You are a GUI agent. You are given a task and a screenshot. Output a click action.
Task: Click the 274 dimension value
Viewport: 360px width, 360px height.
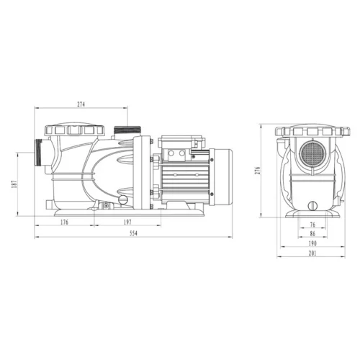(81, 105)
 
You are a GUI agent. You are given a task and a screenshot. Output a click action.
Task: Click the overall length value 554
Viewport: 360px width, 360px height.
(135, 233)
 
